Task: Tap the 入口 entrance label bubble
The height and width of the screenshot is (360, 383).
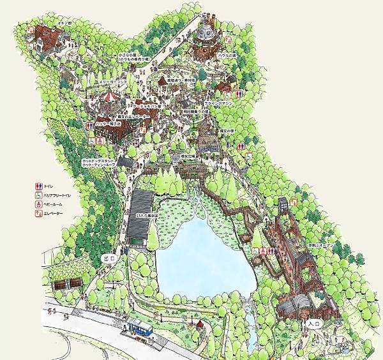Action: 312,324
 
